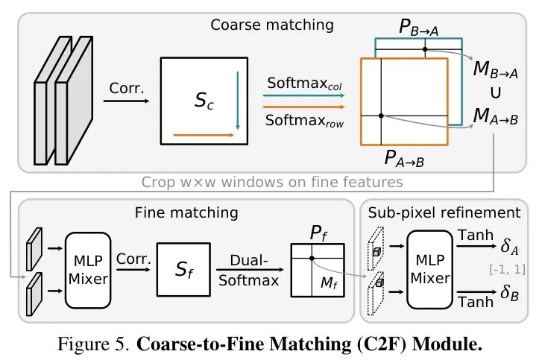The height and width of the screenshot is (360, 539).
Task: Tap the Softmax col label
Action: pos(304,86)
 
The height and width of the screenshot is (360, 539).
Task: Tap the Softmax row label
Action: pos(304,121)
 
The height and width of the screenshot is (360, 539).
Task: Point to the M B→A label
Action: pos(496,72)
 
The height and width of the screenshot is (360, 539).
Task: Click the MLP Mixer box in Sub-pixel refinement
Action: pos(429,269)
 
